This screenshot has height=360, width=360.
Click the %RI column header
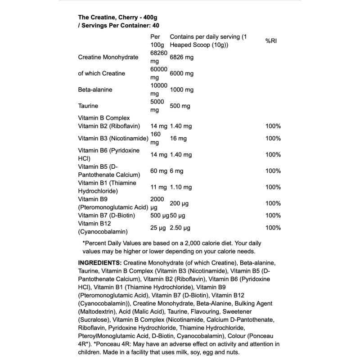[270, 41]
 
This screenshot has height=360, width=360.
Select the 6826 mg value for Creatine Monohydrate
[181, 58]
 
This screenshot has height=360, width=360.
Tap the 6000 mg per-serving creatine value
[181, 73]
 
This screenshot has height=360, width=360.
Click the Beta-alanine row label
[95, 90]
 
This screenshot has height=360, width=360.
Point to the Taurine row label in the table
[88, 106]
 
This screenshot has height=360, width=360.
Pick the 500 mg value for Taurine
[180, 106]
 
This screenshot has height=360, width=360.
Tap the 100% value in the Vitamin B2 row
[273, 126]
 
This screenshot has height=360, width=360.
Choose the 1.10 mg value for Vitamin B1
[181, 187]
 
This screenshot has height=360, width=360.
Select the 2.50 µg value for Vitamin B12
[180, 228]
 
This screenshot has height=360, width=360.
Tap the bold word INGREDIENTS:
[99, 262]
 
